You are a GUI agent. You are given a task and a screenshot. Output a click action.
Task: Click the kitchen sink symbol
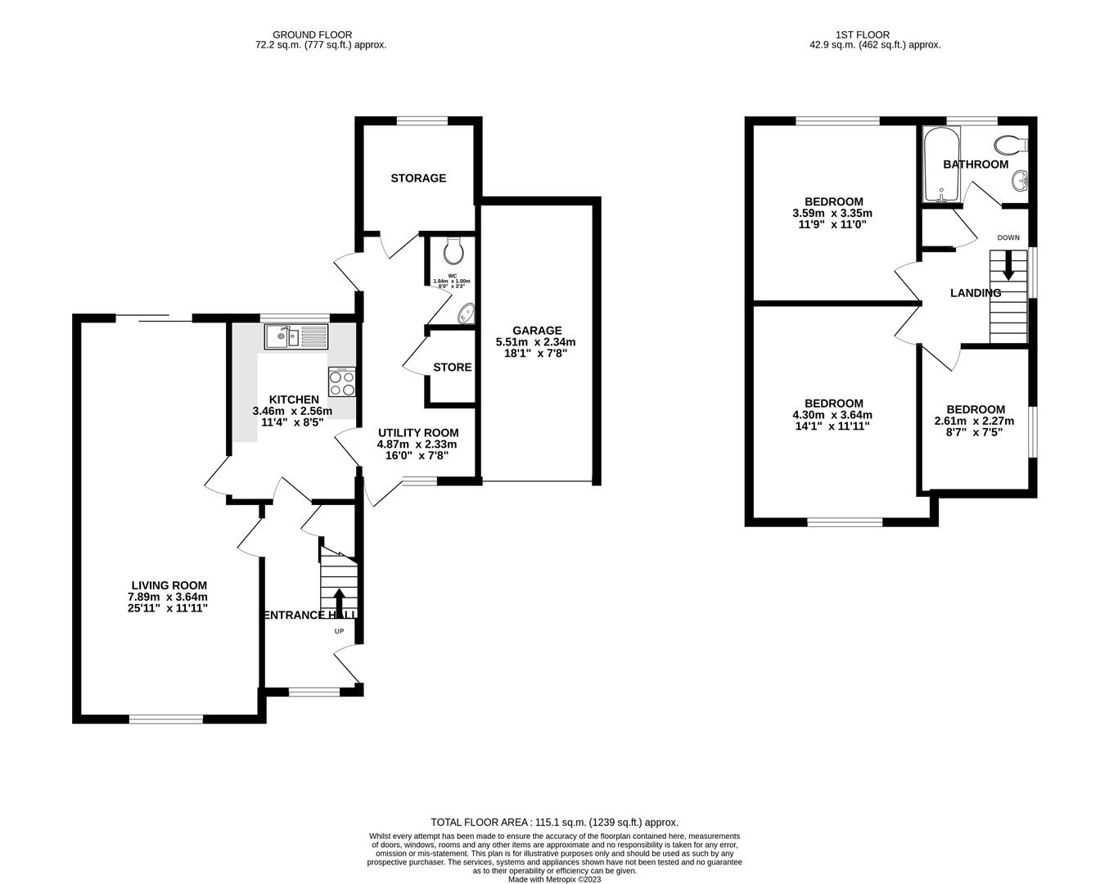[x=295, y=336]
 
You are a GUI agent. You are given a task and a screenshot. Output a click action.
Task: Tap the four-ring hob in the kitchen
[x=341, y=382]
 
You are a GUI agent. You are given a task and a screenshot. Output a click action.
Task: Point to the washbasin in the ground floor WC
[x=465, y=312]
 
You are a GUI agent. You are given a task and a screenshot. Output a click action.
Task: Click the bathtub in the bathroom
[x=935, y=165]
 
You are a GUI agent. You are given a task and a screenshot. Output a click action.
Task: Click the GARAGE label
[x=537, y=331]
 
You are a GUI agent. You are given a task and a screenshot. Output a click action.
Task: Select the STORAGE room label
[x=418, y=178]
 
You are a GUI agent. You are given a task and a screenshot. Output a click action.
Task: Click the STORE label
[x=452, y=367]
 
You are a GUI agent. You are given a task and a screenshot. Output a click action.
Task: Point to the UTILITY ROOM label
[x=417, y=433]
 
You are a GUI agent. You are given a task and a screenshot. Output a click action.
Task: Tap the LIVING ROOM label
[x=169, y=585]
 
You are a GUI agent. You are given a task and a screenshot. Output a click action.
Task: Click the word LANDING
[x=975, y=293]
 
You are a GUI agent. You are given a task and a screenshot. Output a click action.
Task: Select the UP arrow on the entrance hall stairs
[x=339, y=601]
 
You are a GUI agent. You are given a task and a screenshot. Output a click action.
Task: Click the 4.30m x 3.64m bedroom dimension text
[x=833, y=415]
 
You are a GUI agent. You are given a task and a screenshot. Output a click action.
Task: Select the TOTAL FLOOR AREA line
[x=554, y=822]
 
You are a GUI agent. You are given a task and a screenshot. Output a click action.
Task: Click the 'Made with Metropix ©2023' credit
[x=554, y=880]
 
